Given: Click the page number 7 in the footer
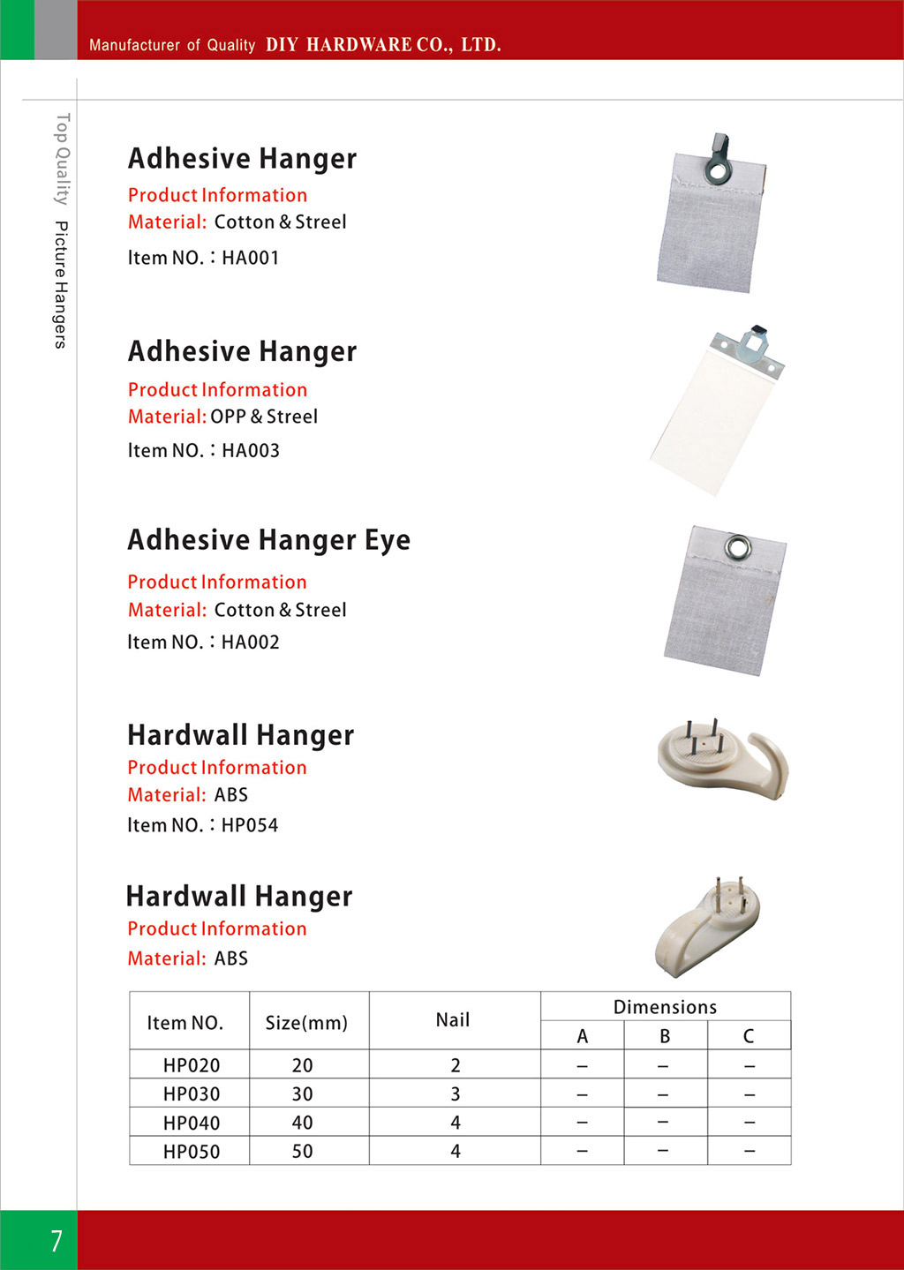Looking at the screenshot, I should click(56, 1240).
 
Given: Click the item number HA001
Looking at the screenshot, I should click(250, 258).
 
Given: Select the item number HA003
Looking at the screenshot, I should click(250, 450).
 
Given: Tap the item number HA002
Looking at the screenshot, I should click(250, 642).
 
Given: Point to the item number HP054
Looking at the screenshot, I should click(249, 825).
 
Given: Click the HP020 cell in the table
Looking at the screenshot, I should click(191, 1065).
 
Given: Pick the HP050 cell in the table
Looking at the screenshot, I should click(191, 1151).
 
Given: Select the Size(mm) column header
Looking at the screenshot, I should click(306, 1023).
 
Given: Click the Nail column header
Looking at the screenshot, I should click(453, 1020).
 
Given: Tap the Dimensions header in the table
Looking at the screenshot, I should click(665, 1007).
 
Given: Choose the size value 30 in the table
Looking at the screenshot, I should click(302, 1093).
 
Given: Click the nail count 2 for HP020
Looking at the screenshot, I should click(455, 1065).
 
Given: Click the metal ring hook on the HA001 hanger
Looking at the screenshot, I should click(718, 159).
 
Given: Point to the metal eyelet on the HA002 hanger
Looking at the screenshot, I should click(736, 548).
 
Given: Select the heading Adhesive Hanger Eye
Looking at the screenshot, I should click(268, 540).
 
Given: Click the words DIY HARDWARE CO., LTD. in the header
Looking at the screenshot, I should click(383, 45).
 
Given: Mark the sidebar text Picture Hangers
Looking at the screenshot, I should click(60, 284).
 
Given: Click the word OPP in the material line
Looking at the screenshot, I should click(228, 417).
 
